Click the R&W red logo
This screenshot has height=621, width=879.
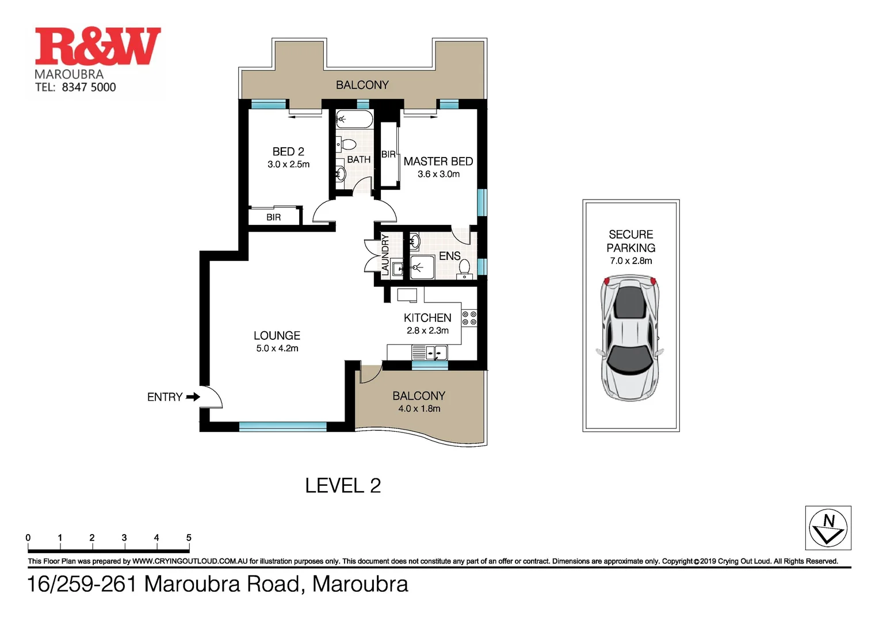pos(98,47)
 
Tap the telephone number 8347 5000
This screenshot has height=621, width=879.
pos(89,87)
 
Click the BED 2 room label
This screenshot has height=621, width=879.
pos(288,152)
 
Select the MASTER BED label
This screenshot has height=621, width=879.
pos(438,162)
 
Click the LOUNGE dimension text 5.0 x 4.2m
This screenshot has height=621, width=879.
pos(277,348)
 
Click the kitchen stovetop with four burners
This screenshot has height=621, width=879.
pos(469,318)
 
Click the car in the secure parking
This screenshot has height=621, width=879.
pos(630,338)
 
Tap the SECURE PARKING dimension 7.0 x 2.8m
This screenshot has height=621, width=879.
pos(631,261)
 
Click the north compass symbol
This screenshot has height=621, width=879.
pos(828,528)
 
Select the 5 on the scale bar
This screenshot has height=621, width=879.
pos(189,538)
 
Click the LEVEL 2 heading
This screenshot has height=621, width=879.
pos(343,486)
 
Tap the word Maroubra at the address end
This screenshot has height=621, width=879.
pos(360,584)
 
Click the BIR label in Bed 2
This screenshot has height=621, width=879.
pos(274,217)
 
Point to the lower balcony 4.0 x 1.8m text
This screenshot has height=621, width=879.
pos(419,409)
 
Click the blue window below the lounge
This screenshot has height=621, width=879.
pos(282,427)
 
